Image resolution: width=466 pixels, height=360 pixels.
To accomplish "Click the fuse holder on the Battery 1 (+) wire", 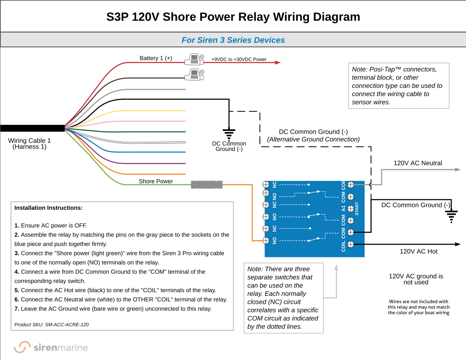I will pyautogui.click(x=194, y=60).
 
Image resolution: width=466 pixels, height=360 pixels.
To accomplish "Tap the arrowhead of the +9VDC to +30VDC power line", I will pyautogui.click(x=278, y=63).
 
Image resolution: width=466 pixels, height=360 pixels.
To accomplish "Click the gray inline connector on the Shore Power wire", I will pyautogui.click(x=207, y=185).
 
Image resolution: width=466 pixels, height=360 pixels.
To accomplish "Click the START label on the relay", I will pyautogui.click(x=357, y=209).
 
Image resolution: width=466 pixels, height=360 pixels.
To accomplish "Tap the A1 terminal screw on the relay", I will pyautogui.click(x=350, y=209).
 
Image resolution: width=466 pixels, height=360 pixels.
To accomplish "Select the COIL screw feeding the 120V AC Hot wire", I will pyautogui.click(x=350, y=245).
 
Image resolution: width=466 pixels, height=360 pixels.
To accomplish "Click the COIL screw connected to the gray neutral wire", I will pyautogui.click(x=350, y=185).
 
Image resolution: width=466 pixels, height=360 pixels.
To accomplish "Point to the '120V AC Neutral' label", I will pyautogui.click(x=418, y=163).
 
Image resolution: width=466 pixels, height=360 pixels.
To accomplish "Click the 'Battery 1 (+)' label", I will pyautogui.click(x=156, y=58).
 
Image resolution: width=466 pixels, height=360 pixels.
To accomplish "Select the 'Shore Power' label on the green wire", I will pyautogui.click(x=156, y=181).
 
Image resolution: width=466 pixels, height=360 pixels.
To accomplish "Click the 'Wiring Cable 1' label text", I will pyautogui.click(x=29, y=141).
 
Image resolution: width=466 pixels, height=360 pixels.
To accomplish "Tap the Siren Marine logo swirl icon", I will pyautogui.click(x=22, y=347).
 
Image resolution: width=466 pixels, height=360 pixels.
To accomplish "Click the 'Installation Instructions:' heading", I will pyautogui.click(x=48, y=208).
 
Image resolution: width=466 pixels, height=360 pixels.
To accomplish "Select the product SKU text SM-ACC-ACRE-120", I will pyautogui.click(x=52, y=325).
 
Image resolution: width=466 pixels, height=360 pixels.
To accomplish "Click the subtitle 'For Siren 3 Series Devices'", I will pyautogui.click(x=233, y=40).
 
